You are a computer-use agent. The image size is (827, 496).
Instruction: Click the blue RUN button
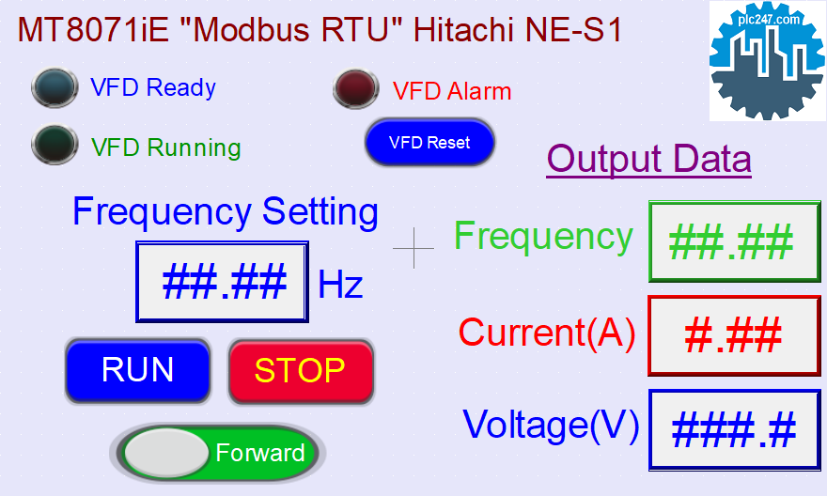pyautogui.click(x=137, y=371)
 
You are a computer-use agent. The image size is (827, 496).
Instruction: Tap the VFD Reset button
pyautogui.click(x=429, y=142)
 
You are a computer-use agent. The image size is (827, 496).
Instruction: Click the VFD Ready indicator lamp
pyautogui.click(x=55, y=87)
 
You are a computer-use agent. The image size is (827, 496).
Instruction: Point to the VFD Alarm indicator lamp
pyautogui.click(x=356, y=88)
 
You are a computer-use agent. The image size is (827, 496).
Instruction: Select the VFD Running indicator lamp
pyautogui.click(x=55, y=144)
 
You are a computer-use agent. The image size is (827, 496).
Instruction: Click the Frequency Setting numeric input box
pyautogui.click(x=222, y=282)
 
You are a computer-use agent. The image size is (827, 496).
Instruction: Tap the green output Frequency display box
pyautogui.click(x=735, y=241)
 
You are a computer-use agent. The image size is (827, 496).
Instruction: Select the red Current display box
pyautogui.click(x=734, y=335)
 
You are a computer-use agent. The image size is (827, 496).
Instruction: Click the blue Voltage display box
pyautogui.click(x=735, y=429)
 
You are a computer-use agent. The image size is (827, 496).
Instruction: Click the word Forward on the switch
pyautogui.click(x=260, y=453)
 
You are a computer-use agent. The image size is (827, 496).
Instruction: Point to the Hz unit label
pyautogui.click(x=340, y=285)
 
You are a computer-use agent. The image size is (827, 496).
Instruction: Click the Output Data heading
pyautogui.click(x=648, y=159)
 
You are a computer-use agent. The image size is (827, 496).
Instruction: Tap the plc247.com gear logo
pyautogui.click(x=767, y=61)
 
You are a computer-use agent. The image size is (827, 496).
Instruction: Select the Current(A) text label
pyautogui.click(x=547, y=333)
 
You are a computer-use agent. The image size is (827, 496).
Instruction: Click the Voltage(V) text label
pyautogui.click(x=551, y=425)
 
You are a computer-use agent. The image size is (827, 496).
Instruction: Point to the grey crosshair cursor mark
pyautogui.click(x=413, y=248)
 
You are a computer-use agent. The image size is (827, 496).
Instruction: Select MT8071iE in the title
pyautogui.click(x=93, y=30)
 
